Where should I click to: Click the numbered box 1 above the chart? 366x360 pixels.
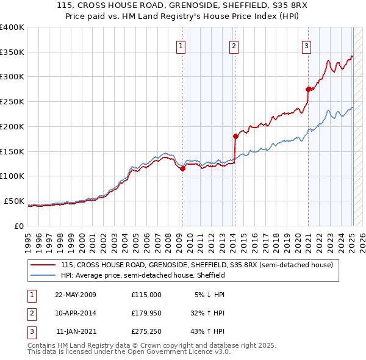click(x=182, y=45)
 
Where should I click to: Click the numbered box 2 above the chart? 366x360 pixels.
click(x=234, y=45)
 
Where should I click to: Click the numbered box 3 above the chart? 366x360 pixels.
click(x=307, y=45)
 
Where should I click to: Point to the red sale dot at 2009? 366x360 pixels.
click(x=182, y=169)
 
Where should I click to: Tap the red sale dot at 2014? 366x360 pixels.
click(x=235, y=136)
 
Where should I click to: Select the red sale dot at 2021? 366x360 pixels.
click(x=308, y=89)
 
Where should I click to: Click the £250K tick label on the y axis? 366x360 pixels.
click(x=12, y=102)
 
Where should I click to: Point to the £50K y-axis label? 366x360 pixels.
click(x=14, y=201)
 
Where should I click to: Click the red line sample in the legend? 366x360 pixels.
click(x=43, y=265)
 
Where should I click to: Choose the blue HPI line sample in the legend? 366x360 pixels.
click(x=43, y=276)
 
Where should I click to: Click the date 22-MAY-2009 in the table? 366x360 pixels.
click(x=76, y=295)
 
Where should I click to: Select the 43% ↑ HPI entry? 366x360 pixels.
click(x=207, y=333)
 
